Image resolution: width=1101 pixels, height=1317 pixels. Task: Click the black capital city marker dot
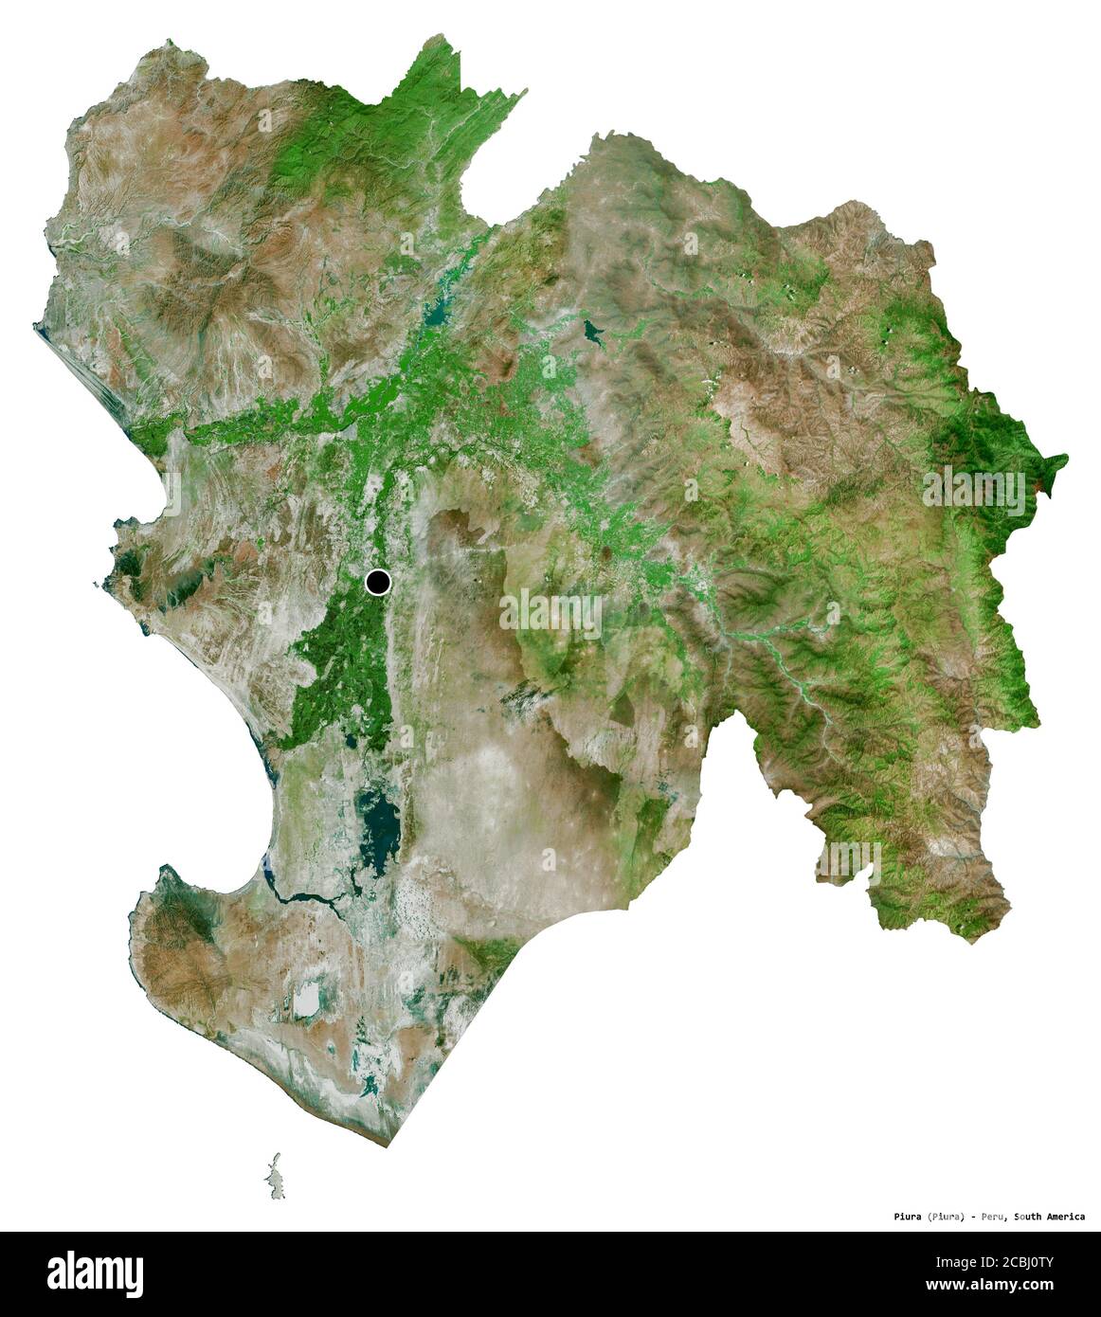point(378,582)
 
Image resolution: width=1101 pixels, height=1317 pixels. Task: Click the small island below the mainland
point(274,1175)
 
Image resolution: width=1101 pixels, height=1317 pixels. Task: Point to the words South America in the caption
point(1050,1217)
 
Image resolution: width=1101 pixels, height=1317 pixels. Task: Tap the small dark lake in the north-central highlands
point(595,332)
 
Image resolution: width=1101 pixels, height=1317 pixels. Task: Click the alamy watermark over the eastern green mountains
point(974,491)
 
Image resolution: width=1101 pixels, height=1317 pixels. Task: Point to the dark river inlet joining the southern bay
point(303,895)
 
